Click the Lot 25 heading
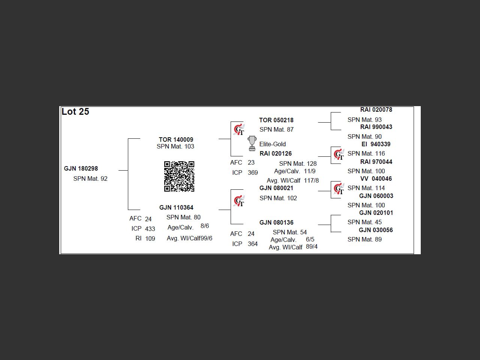tap(75, 112)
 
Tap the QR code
tap(179, 176)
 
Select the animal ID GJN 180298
tap(81, 168)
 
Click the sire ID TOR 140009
tap(176, 139)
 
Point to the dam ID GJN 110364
tap(176, 207)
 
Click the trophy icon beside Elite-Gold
tap(252, 143)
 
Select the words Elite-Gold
tap(273, 144)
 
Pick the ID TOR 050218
tap(276, 120)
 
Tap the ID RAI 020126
tap(276, 153)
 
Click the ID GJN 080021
tap(276, 188)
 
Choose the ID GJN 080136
tap(276, 222)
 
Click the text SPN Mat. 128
tap(298, 163)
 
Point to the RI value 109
tap(150, 238)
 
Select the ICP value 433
tap(150, 229)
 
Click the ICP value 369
tap(253, 172)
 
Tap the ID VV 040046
tap(376, 178)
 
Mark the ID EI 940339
tap(376, 144)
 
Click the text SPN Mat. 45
tap(364, 222)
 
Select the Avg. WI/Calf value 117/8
tap(311, 180)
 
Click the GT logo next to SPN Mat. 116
tap(339, 154)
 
